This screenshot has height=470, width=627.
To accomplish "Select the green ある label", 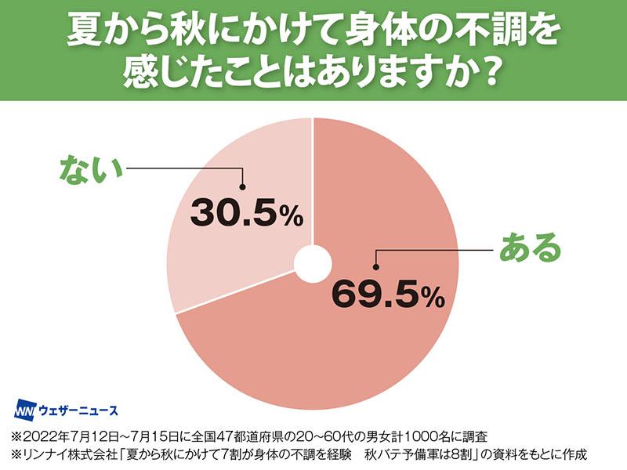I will (531, 248).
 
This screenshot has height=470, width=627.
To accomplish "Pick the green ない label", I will (92, 168).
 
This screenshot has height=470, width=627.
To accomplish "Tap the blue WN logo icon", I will (26, 410).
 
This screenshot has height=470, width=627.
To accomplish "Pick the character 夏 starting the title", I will (84, 31).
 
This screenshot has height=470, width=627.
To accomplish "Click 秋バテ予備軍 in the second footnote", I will (399, 454).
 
